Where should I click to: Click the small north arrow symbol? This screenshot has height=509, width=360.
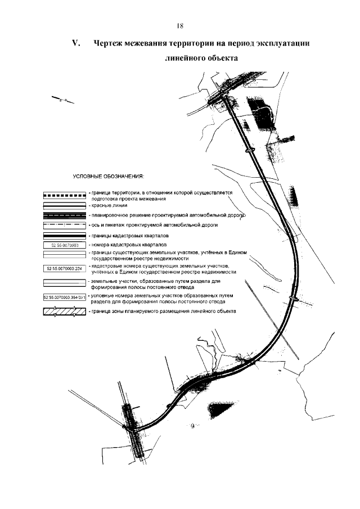pos(63,100)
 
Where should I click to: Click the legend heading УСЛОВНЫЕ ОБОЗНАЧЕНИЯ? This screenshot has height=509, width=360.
pos(109,176)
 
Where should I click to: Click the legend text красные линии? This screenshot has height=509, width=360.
pos(103,206)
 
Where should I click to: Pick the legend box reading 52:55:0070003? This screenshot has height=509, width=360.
pos(64,245)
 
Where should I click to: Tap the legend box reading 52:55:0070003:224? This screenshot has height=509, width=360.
pos(64,268)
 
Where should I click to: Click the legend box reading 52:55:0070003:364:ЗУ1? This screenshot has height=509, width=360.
pos(64,298)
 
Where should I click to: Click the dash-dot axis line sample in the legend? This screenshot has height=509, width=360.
pos(64,225)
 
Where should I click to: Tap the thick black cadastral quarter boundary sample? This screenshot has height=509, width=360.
pos(64,235)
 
